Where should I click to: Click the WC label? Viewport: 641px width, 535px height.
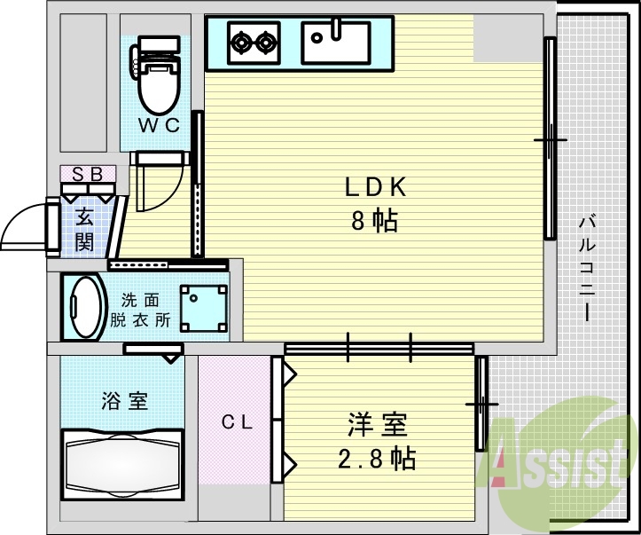(x=160, y=126)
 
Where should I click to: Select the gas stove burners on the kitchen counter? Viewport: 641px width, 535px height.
(x=253, y=41)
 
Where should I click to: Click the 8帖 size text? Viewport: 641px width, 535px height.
(x=374, y=220)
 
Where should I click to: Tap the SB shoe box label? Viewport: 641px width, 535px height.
(x=87, y=174)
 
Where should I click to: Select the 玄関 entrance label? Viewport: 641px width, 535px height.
(x=84, y=228)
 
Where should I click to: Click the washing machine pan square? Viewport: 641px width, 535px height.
(x=203, y=307)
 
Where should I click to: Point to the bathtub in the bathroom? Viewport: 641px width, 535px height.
(x=121, y=461)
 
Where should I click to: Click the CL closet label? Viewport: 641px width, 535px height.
(x=236, y=423)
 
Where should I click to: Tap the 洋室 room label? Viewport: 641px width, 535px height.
(x=377, y=426)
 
